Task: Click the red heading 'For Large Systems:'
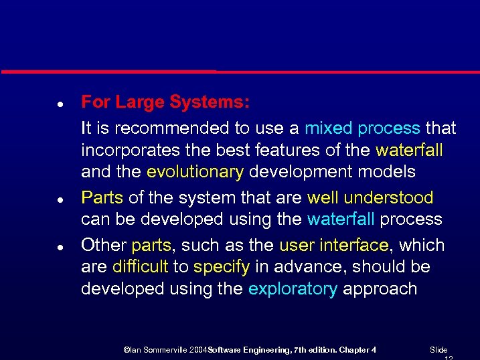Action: pyautogui.click(x=165, y=102)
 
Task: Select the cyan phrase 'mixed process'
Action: pyautogui.click(x=362, y=127)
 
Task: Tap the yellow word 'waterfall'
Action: pyautogui.click(x=409, y=149)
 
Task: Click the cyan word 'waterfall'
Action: pyautogui.click(x=341, y=219)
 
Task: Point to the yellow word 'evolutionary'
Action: pyautogui.click(x=195, y=172)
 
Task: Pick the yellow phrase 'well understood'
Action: pyautogui.click(x=370, y=198)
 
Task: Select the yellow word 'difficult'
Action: pyautogui.click(x=141, y=267)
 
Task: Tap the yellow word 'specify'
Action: pyautogui.click(x=221, y=267)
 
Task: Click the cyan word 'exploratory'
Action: pyautogui.click(x=292, y=289)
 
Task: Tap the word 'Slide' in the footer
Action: pyautogui.click(x=438, y=350)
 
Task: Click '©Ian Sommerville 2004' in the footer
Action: pyautogui.click(x=165, y=350)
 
